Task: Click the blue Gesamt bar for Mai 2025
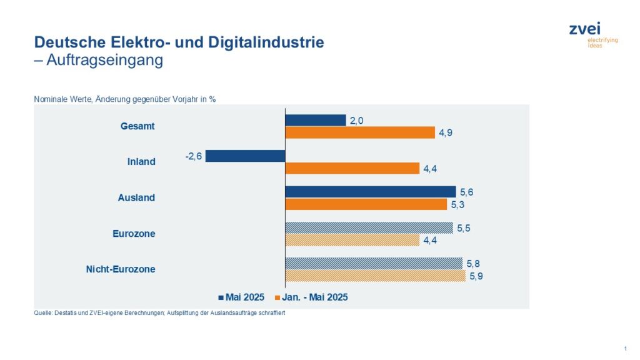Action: pyautogui.click(x=315, y=120)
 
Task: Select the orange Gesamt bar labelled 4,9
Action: pyautogui.click(x=360, y=132)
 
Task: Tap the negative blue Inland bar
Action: pyautogui.click(x=245, y=156)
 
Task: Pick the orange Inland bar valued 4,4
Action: pyautogui.click(x=352, y=168)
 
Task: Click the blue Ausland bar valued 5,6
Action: pyautogui.click(x=371, y=192)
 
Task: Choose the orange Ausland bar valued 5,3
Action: pyautogui.click(x=366, y=204)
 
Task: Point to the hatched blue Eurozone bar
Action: pyautogui.click(x=369, y=227)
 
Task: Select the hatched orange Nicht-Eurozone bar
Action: pyautogui.click(x=375, y=276)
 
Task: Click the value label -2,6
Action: pyautogui.click(x=194, y=156)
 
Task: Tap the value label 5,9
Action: pyautogui.click(x=476, y=276)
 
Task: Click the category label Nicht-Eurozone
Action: pyautogui.click(x=120, y=269)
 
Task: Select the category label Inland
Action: pyautogui.click(x=141, y=162)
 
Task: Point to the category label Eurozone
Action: pyautogui.click(x=134, y=234)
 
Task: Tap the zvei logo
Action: pyautogui.click(x=584, y=29)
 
